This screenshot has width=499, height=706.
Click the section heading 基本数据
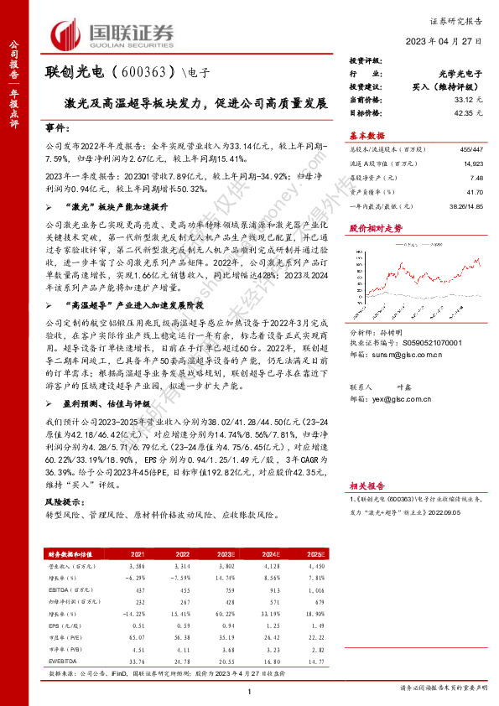366,135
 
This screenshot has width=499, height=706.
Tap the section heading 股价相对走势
370,227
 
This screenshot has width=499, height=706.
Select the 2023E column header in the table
225,554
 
